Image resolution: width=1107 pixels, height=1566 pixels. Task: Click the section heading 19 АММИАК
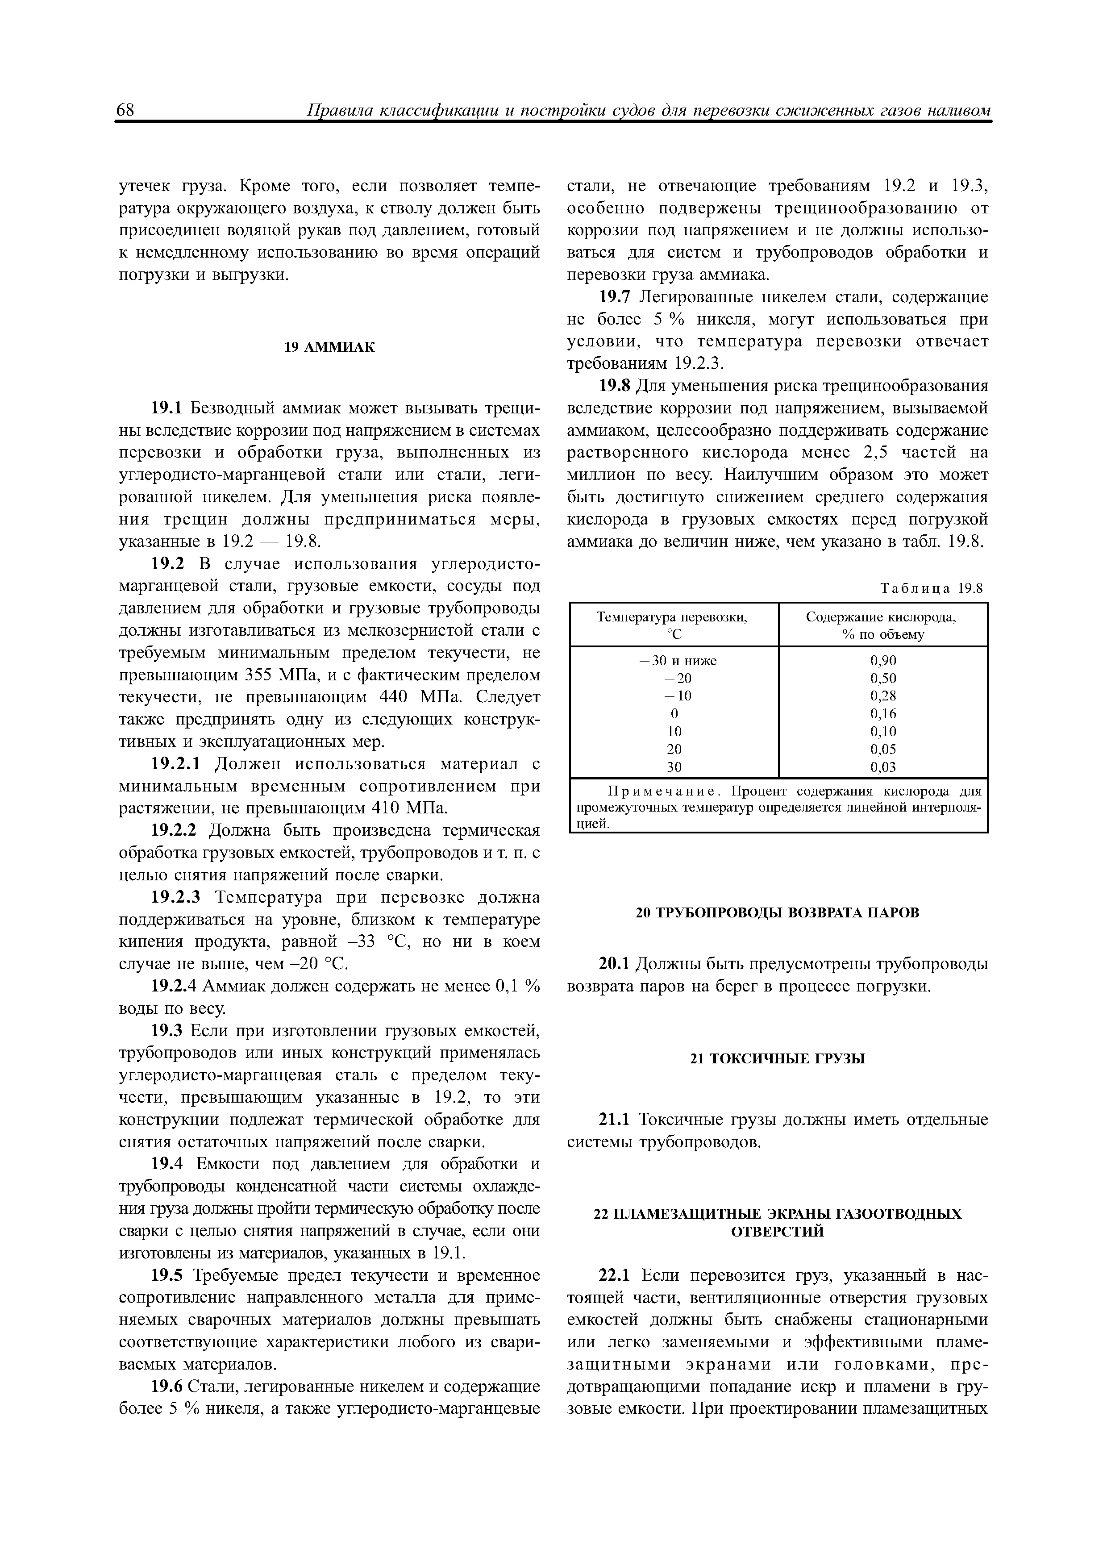pos(329,348)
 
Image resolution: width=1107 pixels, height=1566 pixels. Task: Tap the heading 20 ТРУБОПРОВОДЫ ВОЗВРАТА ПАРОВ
pos(778,912)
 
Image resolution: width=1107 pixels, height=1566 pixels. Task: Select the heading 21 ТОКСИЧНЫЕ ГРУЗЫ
pos(778,1058)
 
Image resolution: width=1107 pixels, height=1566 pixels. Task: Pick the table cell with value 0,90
pos(882,660)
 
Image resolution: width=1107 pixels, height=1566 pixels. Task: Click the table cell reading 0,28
pos(882,696)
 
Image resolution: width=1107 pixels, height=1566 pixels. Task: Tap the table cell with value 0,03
pos(882,766)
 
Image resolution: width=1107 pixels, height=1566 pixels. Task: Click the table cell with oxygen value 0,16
pos(882,713)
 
